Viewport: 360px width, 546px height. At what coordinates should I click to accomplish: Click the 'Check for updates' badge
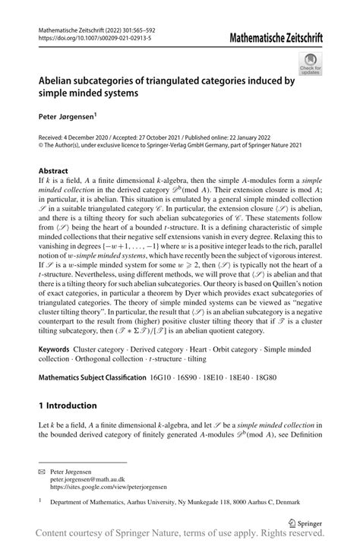coord(311,65)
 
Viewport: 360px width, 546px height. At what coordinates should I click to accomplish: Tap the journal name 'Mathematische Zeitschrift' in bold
coord(281,35)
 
